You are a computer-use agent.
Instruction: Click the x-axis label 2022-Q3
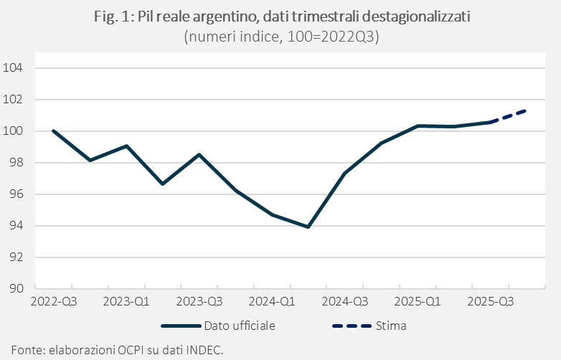[54, 302]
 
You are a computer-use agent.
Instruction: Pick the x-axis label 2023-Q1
[126, 302]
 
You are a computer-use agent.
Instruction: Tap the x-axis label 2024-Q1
[272, 302]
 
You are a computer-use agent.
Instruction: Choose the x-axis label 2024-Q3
[344, 302]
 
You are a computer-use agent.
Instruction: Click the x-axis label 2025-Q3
[490, 302]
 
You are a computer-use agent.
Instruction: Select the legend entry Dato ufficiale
[239, 326]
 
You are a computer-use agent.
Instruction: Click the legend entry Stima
[390, 326]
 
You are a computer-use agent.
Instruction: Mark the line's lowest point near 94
[308, 227]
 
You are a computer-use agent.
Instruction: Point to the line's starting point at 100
[54, 131]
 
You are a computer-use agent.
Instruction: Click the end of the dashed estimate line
[527, 110]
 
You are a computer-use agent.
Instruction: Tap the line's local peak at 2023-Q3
[199, 155]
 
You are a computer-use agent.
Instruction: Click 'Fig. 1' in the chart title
[111, 17]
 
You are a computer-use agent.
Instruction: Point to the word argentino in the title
[223, 17]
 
